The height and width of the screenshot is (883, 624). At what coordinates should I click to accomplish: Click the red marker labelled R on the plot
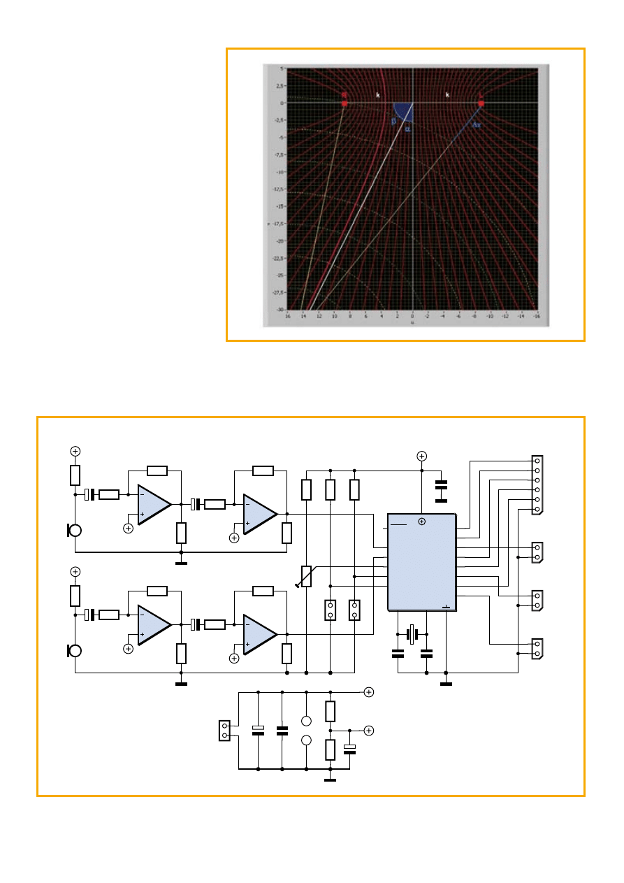(344, 103)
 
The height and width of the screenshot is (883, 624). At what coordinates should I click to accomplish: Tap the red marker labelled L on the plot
(481, 103)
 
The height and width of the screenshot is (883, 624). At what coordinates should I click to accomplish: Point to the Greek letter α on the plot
(407, 129)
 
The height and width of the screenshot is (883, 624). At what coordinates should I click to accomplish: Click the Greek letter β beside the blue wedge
(393, 121)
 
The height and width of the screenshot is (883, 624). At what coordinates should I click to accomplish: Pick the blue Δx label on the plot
(477, 125)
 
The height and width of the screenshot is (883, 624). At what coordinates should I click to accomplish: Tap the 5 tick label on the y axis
(280, 69)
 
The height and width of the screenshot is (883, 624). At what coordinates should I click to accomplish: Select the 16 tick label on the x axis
(287, 316)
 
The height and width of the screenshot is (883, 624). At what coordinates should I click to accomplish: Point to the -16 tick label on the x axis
(536, 316)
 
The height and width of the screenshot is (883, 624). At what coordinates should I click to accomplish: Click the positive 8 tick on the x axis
(350, 316)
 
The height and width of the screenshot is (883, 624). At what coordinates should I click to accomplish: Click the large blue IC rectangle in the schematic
(421, 563)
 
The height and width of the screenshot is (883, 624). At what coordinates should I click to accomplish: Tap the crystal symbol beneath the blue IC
(412, 635)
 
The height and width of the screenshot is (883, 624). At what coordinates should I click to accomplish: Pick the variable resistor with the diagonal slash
(306, 577)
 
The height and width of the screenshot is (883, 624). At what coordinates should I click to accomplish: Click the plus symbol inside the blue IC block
(421, 522)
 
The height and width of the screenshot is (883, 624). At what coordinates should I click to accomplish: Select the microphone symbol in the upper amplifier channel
(73, 529)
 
